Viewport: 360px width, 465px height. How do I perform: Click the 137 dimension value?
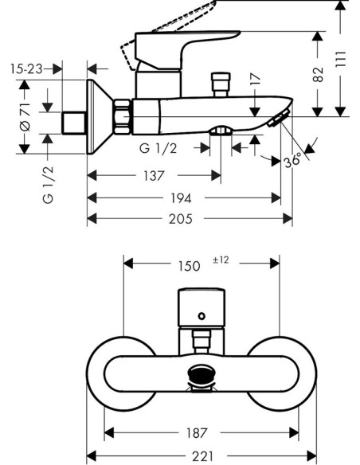click(x=154, y=176)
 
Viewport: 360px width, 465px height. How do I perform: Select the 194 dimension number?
click(x=181, y=198)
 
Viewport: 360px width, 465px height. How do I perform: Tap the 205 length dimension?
click(x=181, y=219)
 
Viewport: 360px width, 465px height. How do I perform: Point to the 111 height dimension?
click(x=341, y=59)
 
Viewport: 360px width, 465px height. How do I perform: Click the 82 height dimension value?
click(x=319, y=74)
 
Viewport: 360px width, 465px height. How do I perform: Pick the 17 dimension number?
click(x=256, y=80)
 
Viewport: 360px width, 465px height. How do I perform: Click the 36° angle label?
click(x=292, y=160)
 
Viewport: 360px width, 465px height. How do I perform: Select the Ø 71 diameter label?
click(x=25, y=117)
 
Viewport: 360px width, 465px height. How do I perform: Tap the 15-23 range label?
click(x=27, y=69)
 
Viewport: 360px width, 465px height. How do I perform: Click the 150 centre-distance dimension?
click(x=190, y=266)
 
